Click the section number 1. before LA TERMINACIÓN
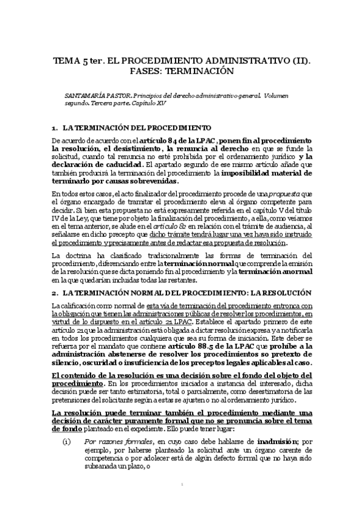tap(55, 129)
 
